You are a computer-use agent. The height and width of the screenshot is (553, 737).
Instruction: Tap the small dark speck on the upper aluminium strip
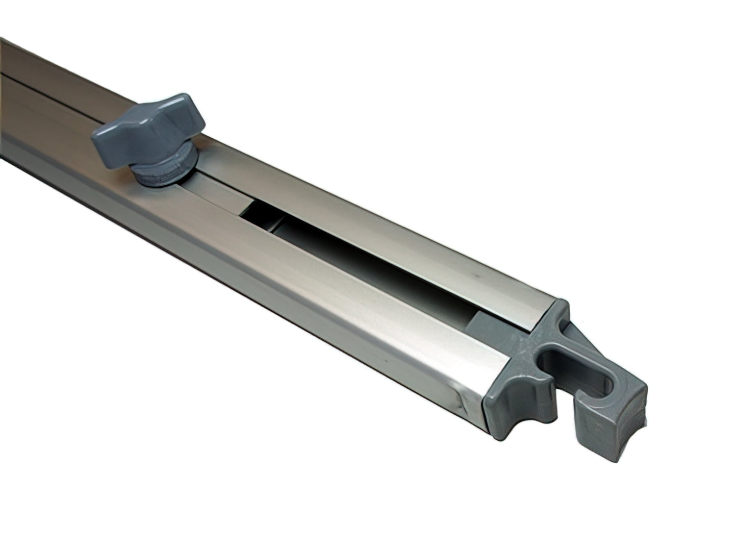coord(475,274)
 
